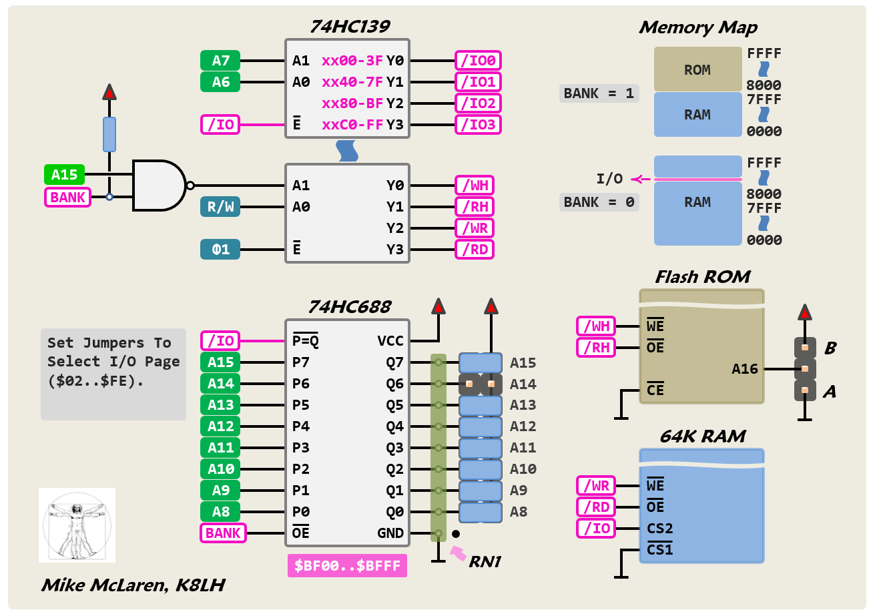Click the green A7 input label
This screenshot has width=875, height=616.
220,61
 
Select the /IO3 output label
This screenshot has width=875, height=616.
478,125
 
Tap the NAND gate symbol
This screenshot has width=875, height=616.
160,186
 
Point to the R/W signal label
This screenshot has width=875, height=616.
220,207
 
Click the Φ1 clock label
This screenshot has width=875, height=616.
220,250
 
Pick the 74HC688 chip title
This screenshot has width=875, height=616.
349,307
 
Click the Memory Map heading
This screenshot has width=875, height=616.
697,27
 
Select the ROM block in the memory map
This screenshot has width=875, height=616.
697,69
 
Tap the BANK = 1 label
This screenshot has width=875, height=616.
599,93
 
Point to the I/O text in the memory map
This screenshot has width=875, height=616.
609,179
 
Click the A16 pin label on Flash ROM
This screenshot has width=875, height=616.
745,368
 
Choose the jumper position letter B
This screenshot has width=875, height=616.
830,348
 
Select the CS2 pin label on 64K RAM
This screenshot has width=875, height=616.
659,529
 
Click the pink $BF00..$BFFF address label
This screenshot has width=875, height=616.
347,566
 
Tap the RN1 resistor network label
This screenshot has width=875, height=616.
485,562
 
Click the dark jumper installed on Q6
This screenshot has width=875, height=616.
481,384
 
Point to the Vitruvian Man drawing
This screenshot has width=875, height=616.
77,525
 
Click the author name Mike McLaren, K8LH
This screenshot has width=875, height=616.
133,585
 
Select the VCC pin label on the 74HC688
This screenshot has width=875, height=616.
390,341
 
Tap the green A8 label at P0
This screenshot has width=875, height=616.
220,512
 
